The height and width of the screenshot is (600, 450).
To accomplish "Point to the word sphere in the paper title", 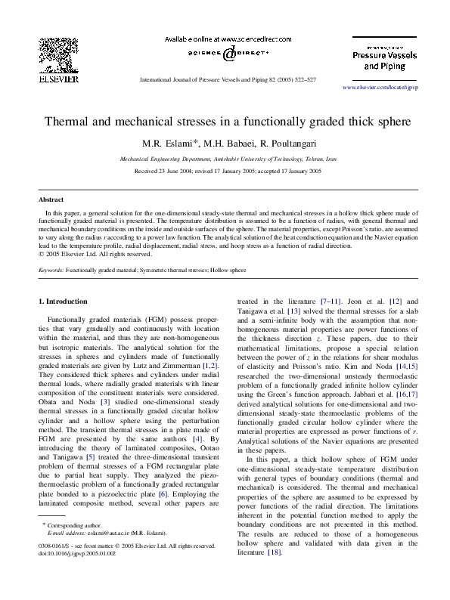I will [389, 121].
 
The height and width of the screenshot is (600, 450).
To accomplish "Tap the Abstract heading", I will [51, 199].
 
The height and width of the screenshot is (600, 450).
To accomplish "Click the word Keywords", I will [51, 269].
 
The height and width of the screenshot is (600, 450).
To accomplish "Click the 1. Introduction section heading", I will [63, 302].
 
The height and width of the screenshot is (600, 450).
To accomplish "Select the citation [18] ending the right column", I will [275, 574].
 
